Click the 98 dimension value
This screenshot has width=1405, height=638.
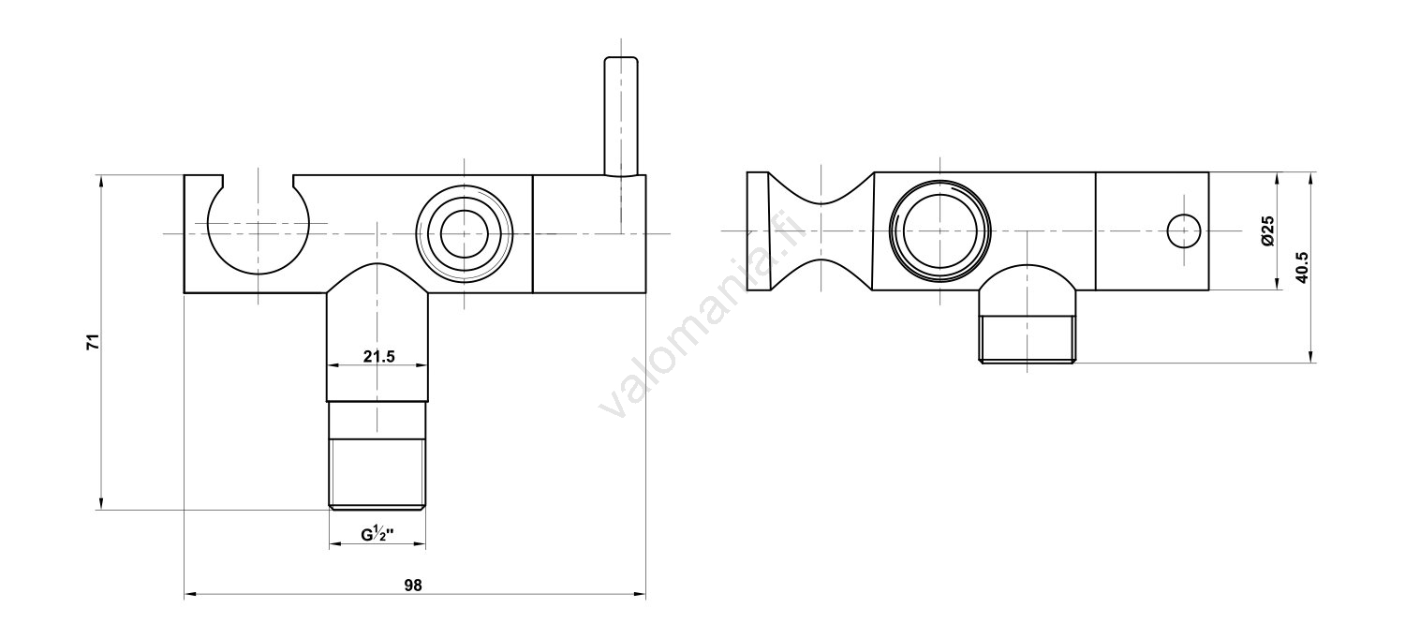413,586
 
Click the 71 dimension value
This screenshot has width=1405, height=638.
92,342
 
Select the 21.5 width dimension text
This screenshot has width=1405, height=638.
378,356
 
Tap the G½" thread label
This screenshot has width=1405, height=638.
377,535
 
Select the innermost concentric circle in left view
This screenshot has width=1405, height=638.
465,233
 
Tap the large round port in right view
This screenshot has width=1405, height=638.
939,230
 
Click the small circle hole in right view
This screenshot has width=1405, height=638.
1184,230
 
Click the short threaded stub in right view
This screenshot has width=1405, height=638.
1027,339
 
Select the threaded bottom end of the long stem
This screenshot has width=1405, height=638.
377,474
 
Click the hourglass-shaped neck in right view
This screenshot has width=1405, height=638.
821,230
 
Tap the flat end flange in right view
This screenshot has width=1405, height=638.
758,230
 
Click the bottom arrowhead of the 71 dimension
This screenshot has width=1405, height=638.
100,504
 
